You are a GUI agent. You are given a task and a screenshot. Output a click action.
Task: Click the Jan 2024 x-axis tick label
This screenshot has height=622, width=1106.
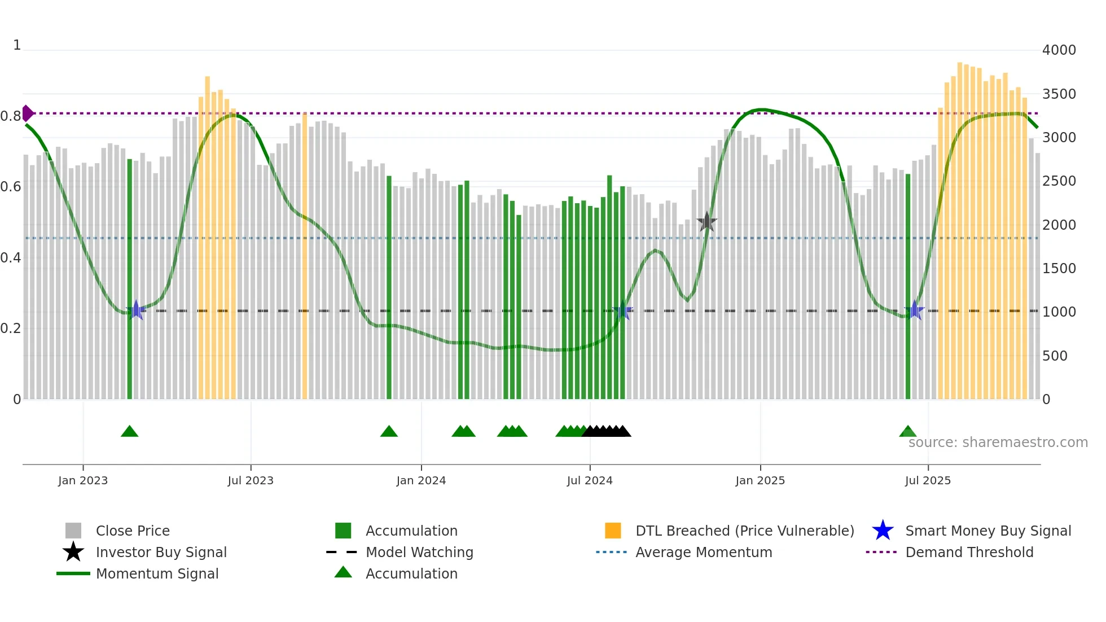coord(421,480)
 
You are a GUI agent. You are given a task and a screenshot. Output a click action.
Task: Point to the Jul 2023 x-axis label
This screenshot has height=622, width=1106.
coord(251,480)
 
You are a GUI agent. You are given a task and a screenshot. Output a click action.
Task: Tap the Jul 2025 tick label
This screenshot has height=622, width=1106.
coord(928,480)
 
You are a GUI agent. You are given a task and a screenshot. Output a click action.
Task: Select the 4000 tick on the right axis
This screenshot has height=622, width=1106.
coord(1059,50)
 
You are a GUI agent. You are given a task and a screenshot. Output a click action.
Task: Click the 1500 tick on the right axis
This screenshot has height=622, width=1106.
coord(1059,269)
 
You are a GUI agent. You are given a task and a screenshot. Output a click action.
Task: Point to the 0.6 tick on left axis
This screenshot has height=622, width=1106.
coord(11,187)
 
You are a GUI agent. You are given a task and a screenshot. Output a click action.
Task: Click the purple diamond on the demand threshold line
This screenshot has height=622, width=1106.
coord(27,113)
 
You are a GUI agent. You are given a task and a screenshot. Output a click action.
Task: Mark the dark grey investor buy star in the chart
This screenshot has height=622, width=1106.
coord(706,222)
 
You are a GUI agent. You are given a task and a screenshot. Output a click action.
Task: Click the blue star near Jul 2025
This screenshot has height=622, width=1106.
coord(914,310)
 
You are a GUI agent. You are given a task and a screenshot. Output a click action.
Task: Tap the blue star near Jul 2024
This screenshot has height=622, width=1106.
coord(623,310)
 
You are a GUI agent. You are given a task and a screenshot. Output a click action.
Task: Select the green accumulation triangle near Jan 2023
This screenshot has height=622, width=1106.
coord(129,432)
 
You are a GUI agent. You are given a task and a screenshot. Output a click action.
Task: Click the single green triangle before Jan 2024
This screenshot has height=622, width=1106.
coord(389,432)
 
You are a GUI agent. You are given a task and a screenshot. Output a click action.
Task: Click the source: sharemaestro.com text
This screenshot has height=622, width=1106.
coord(998,443)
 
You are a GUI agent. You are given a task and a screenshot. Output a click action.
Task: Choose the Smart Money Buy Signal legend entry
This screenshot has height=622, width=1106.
coord(987,531)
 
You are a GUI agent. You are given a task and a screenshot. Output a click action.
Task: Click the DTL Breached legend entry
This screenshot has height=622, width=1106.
coord(744,531)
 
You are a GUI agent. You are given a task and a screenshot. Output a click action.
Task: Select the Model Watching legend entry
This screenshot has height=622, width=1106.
coord(419,552)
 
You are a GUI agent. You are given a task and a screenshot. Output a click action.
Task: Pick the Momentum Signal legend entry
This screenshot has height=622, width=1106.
coord(157,573)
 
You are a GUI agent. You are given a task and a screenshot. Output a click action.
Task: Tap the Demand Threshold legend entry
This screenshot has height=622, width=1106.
coord(969,552)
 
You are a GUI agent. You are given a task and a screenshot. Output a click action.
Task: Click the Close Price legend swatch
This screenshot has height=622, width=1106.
coord(73,531)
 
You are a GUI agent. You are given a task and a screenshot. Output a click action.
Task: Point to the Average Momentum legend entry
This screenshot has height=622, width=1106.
coord(703,552)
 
